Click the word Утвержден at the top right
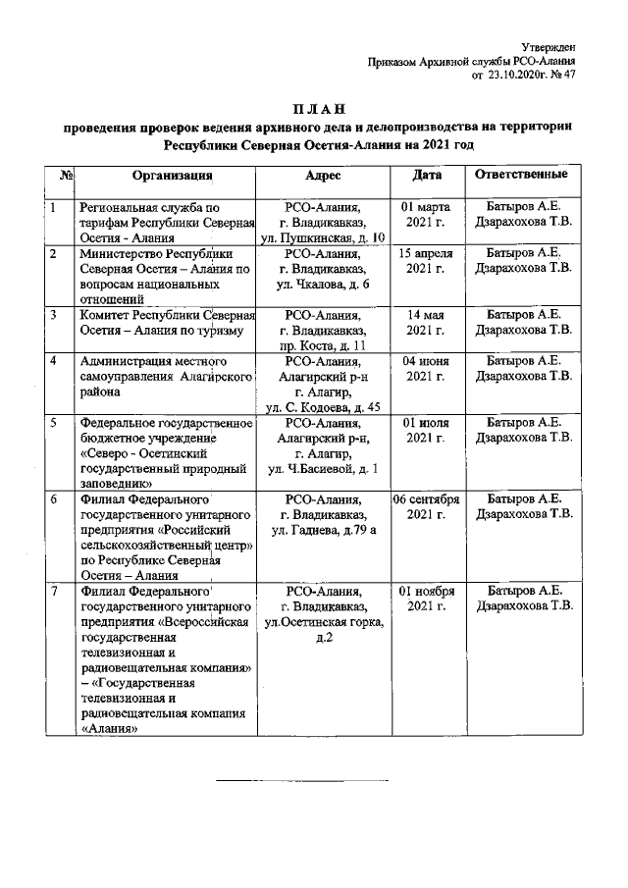coord(548,46)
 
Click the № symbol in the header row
coord(68,176)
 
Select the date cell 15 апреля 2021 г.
coord(427,260)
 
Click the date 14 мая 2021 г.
coord(427,322)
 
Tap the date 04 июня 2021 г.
coord(427,368)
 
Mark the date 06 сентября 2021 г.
coord(427,506)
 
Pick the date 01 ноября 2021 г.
coord(427,600)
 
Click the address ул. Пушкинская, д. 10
coord(323,238)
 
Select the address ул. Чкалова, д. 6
coord(323,285)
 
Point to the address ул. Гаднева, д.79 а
coord(323,531)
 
